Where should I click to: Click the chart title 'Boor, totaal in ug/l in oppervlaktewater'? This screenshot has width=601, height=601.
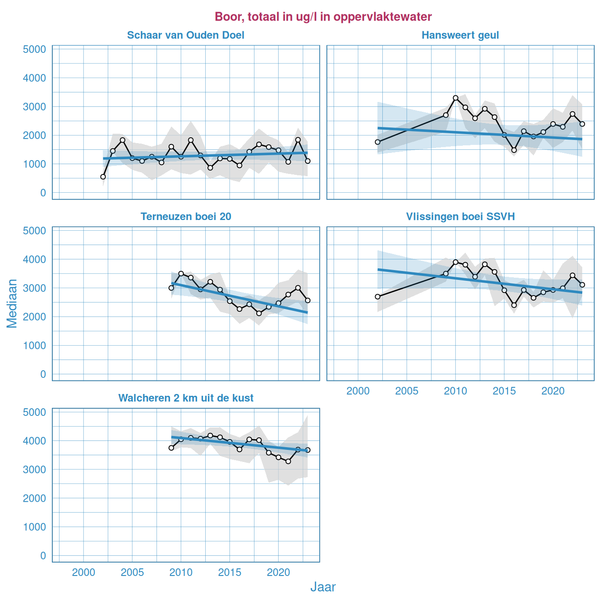[x=323, y=17]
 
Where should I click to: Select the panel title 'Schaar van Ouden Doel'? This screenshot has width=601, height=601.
[x=186, y=35]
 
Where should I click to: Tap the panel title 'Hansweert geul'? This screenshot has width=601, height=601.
[x=460, y=35]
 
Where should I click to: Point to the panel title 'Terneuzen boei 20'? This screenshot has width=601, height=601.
[x=186, y=217]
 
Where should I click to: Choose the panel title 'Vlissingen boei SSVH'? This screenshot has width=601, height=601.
[x=460, y=217]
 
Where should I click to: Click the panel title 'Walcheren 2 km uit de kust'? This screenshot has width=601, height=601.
[x=186, y=398]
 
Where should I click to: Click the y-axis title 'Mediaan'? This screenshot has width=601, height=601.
[x=12, y=303]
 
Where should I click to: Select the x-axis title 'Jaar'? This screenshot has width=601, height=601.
[x=323, y=587]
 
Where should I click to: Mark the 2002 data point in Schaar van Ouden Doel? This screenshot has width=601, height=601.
[x=103, y=177]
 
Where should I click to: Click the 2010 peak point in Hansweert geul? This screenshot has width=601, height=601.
[x=456, y=98]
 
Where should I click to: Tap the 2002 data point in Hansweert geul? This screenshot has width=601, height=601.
[x=377, y=142]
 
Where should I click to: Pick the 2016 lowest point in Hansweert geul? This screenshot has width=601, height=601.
[x=514, y=150]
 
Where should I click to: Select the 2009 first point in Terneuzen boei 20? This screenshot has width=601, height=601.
[x=171, y=288]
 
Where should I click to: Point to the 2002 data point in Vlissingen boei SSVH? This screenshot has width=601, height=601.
[x=377, y=296]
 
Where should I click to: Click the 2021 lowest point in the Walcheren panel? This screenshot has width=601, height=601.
[x=288, y=461]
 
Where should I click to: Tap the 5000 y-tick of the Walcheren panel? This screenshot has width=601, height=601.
[x=34, y=412]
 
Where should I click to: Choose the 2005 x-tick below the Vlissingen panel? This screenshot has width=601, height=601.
[x=406, y=391]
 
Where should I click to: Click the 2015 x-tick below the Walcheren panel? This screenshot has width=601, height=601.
[x=229, y=573]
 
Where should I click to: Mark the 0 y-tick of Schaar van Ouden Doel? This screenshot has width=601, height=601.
[x=43, y=193]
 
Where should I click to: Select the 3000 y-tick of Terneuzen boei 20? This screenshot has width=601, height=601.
[x=34, y=288]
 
